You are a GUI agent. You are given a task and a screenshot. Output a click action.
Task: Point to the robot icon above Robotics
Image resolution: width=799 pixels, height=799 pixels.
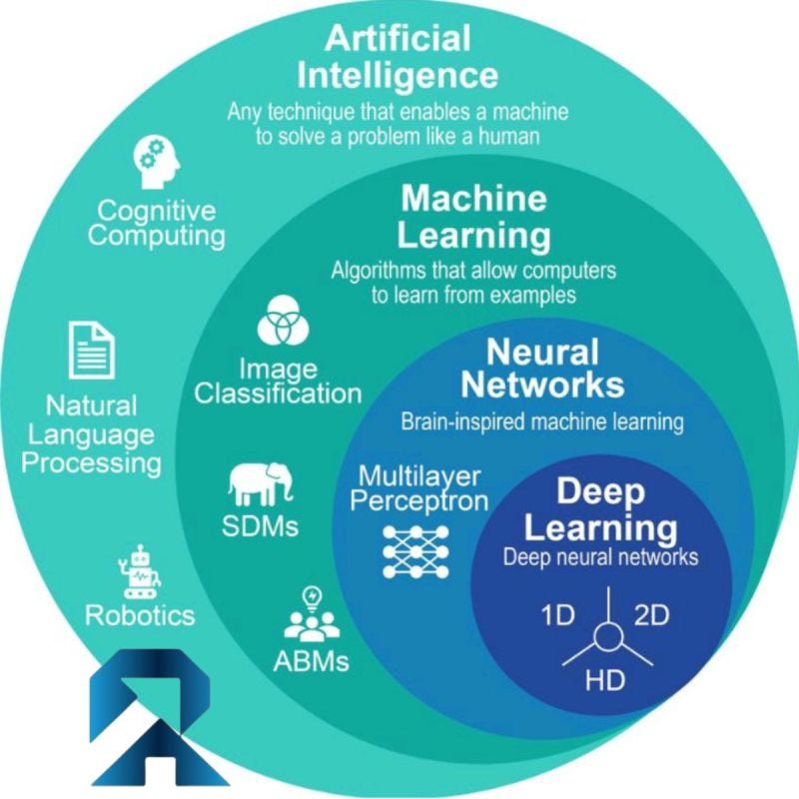(137, 572)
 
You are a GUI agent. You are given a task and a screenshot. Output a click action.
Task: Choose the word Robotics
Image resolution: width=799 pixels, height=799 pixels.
(140, 614)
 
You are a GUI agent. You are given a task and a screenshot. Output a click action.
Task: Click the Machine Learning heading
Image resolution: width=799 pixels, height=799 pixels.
(474, 217)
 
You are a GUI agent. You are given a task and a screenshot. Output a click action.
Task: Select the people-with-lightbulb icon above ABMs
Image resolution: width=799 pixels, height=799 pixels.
(311, 615)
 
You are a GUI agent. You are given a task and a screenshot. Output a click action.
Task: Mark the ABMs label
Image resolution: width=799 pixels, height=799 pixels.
(311, 660)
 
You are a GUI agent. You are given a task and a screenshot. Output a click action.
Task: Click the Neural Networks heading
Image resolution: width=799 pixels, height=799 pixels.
(543, 369)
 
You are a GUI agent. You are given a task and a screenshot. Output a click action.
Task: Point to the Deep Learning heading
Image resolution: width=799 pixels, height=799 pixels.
(601, 508)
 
